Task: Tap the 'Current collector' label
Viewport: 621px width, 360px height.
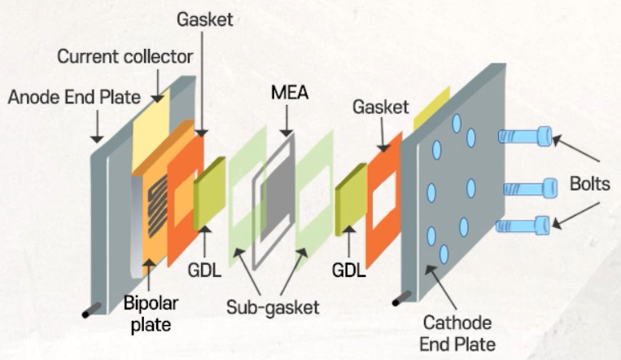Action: (125, 57)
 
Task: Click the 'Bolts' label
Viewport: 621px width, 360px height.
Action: (589, 184)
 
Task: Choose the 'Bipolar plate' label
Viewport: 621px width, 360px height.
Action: (151, 314)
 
